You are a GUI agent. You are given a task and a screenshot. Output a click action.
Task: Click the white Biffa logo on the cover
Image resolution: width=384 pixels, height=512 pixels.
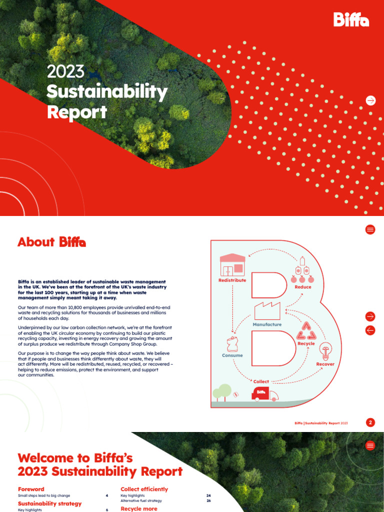tap(351, 19)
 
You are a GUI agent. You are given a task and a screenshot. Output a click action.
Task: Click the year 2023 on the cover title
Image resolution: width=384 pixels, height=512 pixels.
tap(65, 72)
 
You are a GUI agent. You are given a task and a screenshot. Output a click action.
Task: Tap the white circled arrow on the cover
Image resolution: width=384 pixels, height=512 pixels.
tap(370, 100)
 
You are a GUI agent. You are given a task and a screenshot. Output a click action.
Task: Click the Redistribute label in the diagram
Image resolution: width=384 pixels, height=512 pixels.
tap(232, 280)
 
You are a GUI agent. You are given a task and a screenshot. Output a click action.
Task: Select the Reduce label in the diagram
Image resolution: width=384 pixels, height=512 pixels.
tap(303, 287)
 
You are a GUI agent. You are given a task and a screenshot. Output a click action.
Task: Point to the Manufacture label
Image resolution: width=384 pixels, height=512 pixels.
tap(267, 324)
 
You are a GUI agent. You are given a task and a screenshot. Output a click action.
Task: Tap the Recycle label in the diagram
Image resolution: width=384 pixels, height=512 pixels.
tap(306, 343)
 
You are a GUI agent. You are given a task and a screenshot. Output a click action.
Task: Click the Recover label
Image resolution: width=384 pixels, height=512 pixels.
tap(325, 364)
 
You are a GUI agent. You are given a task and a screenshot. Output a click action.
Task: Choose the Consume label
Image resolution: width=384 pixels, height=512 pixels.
tap(232, 355)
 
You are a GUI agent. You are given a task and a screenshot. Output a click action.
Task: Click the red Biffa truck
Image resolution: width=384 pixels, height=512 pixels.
tap(265, 393)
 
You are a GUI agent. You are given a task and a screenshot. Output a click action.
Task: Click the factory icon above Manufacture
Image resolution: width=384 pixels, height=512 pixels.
tap(267, 311)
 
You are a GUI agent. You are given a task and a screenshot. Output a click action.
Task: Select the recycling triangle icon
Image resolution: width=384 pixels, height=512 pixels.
tap(306, 330)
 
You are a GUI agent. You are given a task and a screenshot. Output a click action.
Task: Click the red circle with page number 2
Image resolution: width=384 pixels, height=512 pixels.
tap(370, 422)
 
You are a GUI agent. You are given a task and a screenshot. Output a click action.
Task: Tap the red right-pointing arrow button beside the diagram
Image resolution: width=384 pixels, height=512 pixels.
tap(370, 316)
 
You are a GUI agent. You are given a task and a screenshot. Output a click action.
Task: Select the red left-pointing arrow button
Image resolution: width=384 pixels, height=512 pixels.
tap(370, 330)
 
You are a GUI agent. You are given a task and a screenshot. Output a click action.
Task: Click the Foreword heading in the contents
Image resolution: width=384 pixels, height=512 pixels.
tap(31, 489)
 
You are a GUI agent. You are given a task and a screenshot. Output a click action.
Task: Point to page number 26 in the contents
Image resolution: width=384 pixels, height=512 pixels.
tap(208, 500)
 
